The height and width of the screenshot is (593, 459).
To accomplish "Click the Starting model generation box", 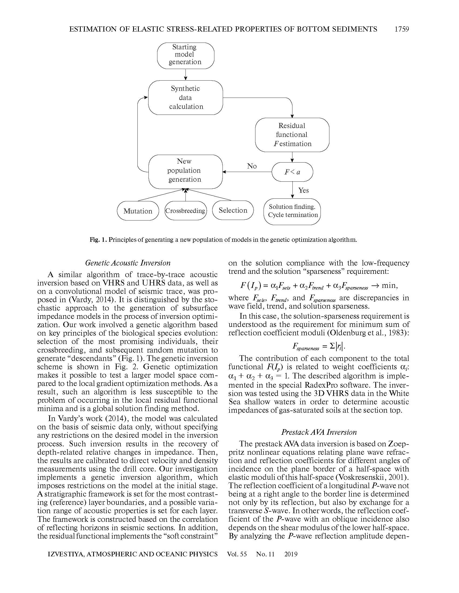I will [x=185, y=55].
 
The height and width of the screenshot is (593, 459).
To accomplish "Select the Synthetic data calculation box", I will [x=185, y=98].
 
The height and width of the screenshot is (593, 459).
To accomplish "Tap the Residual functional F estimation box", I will [x=292, y=135].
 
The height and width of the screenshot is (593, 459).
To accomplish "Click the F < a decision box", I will [x=292, y=172].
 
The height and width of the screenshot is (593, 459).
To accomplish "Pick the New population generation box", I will [x=185, y=171].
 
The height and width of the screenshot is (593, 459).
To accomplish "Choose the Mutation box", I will [x=138, y=211].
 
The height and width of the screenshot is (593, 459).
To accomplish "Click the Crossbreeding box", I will [x=185, y=211].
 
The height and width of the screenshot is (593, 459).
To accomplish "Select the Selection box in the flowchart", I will [x=233, y=210].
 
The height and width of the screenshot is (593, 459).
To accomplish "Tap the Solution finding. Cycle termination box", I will [x=292, y=211].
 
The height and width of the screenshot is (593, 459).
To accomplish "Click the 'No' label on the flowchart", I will [x=252, y=166].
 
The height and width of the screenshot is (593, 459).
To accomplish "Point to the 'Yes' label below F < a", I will [x=303, y=190].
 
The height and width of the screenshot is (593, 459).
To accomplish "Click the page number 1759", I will [x=402, y=29].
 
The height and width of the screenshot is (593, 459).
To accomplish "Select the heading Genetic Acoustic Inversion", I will [x=128, y=263].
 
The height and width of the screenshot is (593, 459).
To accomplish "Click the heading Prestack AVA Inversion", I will [x=319, y=432].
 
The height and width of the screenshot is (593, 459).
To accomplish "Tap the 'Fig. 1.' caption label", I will [x=99, y=240].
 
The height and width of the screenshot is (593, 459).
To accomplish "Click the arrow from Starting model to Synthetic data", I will [x=185, y=74].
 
